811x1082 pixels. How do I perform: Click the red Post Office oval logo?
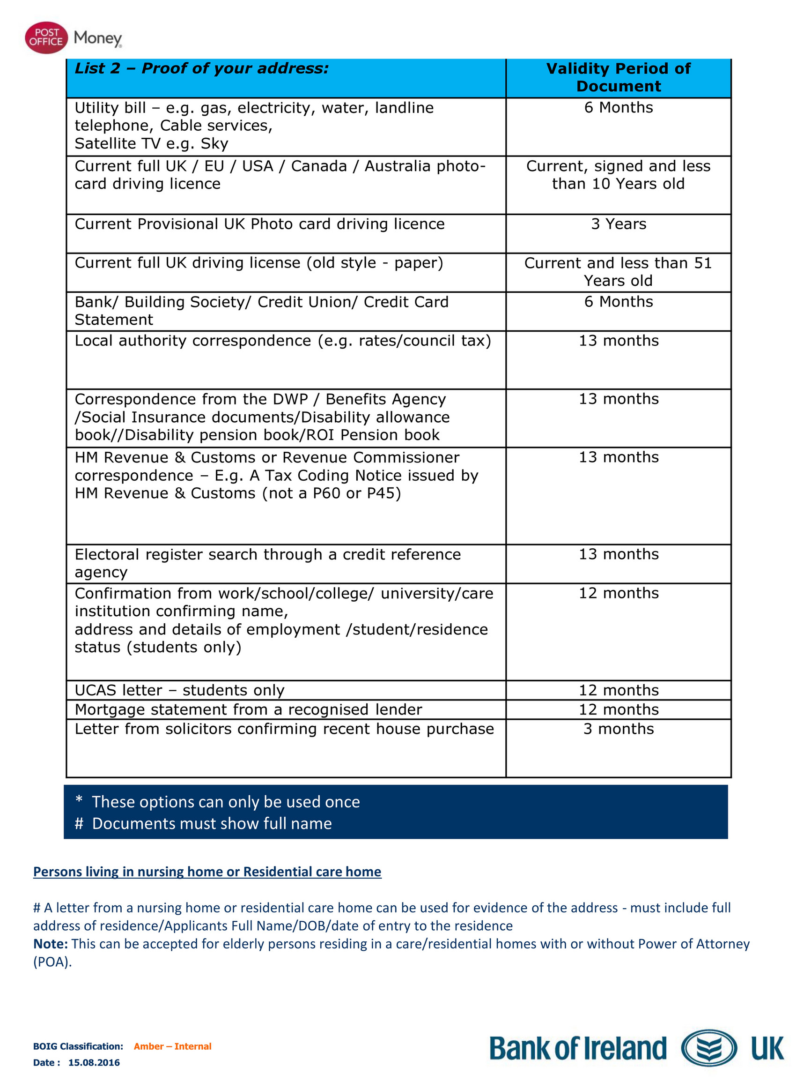coord(46,37)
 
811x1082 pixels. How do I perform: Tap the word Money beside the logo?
coord(97,38)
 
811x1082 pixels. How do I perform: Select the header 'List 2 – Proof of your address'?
coord(201,68)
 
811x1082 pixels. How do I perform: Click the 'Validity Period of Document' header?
coord(618,77)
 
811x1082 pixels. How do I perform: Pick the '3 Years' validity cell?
coord(618,224)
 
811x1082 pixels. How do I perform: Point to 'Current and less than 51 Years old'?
coord(618,271)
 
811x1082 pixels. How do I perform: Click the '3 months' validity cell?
coord(618,729)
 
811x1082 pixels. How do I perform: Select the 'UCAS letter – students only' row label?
coord(179,690)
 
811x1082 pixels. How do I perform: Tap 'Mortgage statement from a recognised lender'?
coord(248,709)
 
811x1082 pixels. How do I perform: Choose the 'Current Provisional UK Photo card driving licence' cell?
coord(259,224)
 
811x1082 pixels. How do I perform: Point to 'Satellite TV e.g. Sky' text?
coord(151,143)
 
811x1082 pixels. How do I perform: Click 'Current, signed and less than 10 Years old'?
coord(618,175)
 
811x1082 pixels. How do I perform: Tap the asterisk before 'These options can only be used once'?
coord(79,801)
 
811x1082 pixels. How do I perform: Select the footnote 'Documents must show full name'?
coord(212,824)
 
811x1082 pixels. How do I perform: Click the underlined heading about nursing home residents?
coord(207,872)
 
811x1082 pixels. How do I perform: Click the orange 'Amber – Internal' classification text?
coord(173,1046)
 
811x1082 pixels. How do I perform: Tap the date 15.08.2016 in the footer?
coord(94,1062)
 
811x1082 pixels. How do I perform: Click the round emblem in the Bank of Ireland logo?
coord(708,1048)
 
